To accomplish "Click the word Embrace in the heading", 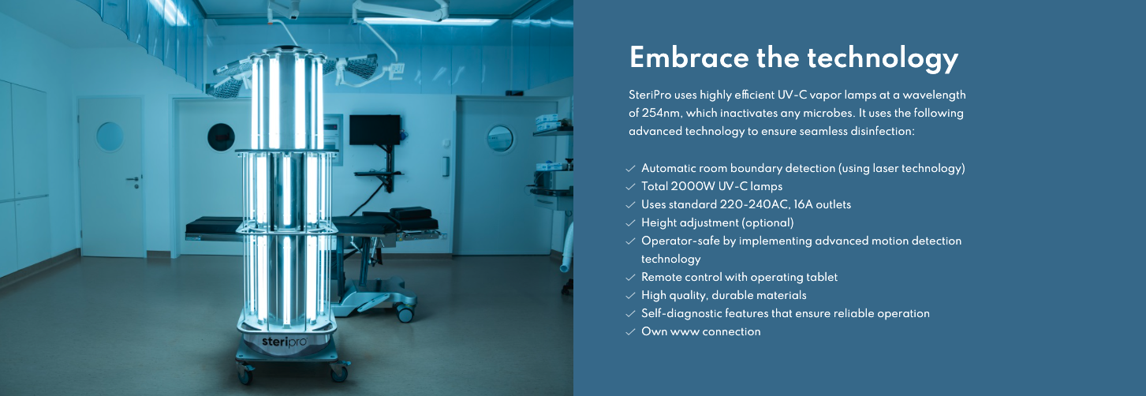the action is click(x=689, y=58).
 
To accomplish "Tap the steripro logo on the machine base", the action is click(x=285, y=342).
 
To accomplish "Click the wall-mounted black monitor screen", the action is click(x=375, y=129).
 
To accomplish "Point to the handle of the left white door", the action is click(x=133, y=180).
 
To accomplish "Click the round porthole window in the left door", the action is click(x=110, y=136).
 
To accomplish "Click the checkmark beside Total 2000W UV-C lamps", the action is click(x=630, y=187).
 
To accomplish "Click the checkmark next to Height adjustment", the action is click(x=630, y=223).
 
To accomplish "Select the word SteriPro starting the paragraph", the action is click(x=650, y=95).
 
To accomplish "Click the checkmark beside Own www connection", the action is click(x=630, y=332).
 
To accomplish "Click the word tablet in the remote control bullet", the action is click(x=822, y=277).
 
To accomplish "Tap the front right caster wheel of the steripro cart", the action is click(x=338, y=373).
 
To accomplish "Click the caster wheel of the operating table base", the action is click(x=405, y=313).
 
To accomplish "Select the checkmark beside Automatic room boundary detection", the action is click(x=630, y=168).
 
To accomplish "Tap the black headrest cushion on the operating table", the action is click(x=410, y=213).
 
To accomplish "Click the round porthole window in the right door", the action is click(x=499, y=138).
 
